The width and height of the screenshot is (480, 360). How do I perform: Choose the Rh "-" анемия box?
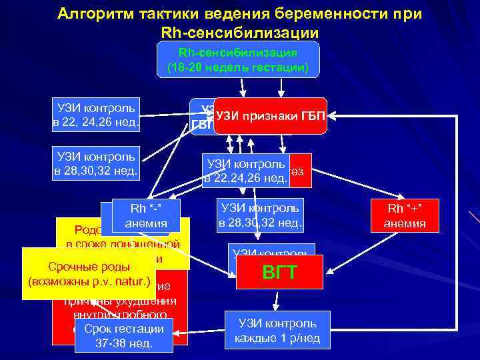147,215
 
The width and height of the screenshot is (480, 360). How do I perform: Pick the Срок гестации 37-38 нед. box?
124,336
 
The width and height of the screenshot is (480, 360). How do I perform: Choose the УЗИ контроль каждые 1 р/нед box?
277,330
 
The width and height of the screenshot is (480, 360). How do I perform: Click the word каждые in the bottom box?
257,337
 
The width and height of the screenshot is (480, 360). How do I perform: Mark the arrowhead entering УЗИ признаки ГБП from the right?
332,117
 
